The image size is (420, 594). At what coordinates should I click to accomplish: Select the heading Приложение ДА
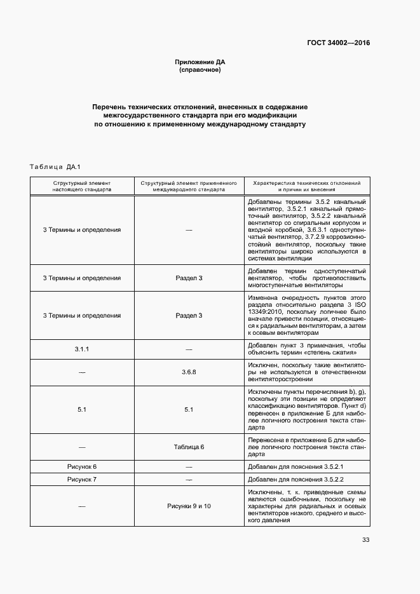click(x=200, y=62)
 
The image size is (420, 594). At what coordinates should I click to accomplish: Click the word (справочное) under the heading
click(x=200, y=70)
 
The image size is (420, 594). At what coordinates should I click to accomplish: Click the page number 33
click(x=365, y=540)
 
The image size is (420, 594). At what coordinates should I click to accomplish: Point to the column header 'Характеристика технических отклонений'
click(x=306, y=182)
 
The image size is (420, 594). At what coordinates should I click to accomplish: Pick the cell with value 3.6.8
click(x=189, y=372)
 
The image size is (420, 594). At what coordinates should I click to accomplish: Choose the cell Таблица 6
click(x=189, y=447)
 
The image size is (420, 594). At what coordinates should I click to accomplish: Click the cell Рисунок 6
click(x=82, y=467)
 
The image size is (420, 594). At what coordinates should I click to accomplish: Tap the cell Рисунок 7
click(x=82, y=479)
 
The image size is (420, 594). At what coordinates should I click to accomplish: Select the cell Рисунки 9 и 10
click(x=189, y=506)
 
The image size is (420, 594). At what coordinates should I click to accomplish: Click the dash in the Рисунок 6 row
click(x=189, y=467)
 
